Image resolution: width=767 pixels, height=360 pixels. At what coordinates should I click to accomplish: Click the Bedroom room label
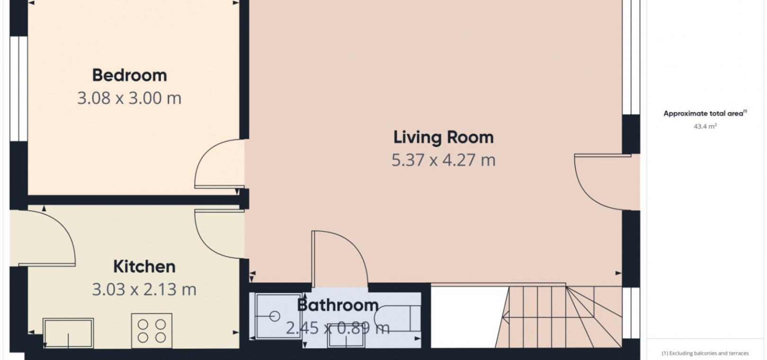(129, 75)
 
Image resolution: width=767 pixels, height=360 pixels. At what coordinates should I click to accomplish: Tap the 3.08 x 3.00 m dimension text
(129, 99)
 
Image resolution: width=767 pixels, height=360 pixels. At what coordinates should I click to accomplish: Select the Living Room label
(444, 138)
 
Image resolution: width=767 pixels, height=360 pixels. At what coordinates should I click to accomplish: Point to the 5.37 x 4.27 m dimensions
(444, 160)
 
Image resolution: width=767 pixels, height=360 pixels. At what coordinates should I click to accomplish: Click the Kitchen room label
(144, 267)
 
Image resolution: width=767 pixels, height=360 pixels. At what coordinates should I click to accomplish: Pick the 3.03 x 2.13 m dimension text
(144, 289)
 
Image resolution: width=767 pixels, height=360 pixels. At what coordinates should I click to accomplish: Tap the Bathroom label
(338, 305)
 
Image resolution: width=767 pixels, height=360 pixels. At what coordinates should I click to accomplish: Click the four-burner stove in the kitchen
(152, 331)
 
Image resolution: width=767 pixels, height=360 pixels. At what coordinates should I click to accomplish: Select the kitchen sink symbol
(69, 333)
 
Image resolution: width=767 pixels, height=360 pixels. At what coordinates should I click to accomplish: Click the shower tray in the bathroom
(278, 316)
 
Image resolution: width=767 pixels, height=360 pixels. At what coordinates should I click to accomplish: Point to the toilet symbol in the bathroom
(397, 318)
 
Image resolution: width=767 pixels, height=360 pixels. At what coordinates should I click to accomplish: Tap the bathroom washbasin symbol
(346, 336)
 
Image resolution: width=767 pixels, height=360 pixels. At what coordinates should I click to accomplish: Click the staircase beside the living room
(559, 317)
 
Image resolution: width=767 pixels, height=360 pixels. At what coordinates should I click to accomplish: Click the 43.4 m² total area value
(705, 126)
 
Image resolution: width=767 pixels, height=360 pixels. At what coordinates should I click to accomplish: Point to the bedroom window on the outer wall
(18, 89)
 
